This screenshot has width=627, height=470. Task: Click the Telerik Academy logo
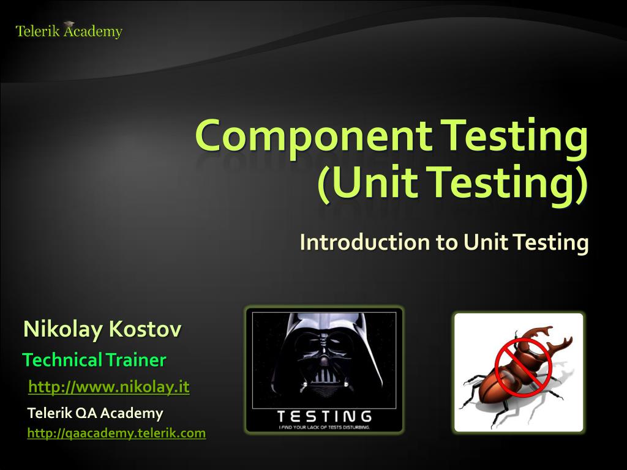(69, 31)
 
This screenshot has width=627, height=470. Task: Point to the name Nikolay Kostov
(102, 330)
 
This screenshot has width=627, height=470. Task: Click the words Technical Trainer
(94, 360)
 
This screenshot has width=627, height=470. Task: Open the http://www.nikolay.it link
(109, 387)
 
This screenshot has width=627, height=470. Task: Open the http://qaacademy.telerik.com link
(116, 433)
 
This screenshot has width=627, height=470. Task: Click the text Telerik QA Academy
(95, 413)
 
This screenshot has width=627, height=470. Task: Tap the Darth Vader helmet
(325, 355)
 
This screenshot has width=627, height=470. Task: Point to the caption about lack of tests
(324, 427)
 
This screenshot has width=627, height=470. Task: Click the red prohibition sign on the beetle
(523, 367)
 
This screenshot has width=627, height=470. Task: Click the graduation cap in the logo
(69, 24)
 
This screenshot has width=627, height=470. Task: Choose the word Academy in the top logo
(93, 31)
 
